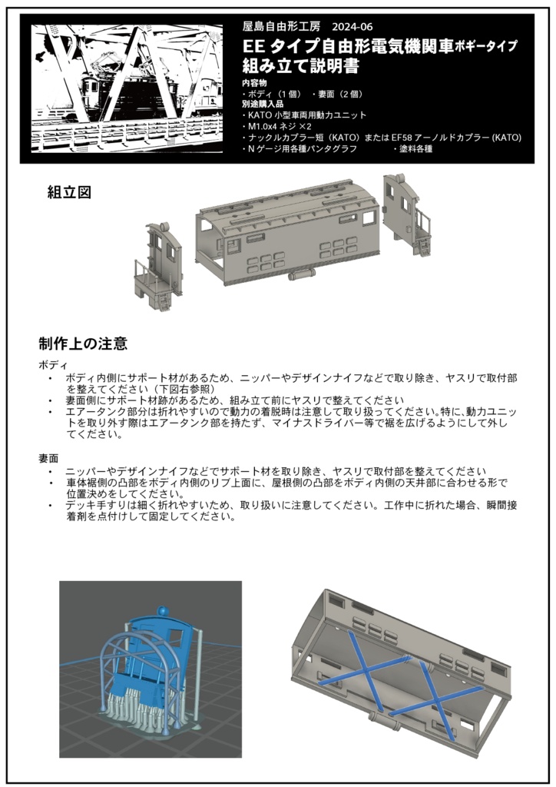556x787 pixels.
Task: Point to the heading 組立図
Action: click(x=69, y=193)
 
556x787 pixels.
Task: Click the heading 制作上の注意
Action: click(x=83, y=344)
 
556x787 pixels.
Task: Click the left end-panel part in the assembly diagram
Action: click(x=159, y=266)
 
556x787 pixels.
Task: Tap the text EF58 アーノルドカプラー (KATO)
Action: click(x=456, y=138)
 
